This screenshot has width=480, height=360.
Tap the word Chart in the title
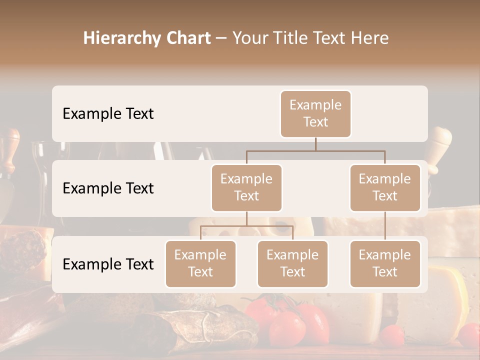[189, 38]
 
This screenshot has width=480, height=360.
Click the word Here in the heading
[370, 38]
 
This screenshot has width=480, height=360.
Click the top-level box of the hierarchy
[315, 113]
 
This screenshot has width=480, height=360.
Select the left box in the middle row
[246, 187]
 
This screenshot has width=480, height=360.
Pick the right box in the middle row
[385, 187]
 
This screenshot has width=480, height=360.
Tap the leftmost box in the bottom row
[200, 263]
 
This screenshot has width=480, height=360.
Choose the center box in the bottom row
[292, 263]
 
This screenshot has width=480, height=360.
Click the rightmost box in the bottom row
[385, 263]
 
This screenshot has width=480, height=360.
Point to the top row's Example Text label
[108, 113]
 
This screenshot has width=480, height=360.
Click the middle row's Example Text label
[108, 188]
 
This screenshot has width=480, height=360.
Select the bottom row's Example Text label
[108, 264]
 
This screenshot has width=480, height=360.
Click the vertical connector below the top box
[315, 144]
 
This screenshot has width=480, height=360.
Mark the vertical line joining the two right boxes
[385, 226]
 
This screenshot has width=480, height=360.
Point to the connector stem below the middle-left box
[246, 218]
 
